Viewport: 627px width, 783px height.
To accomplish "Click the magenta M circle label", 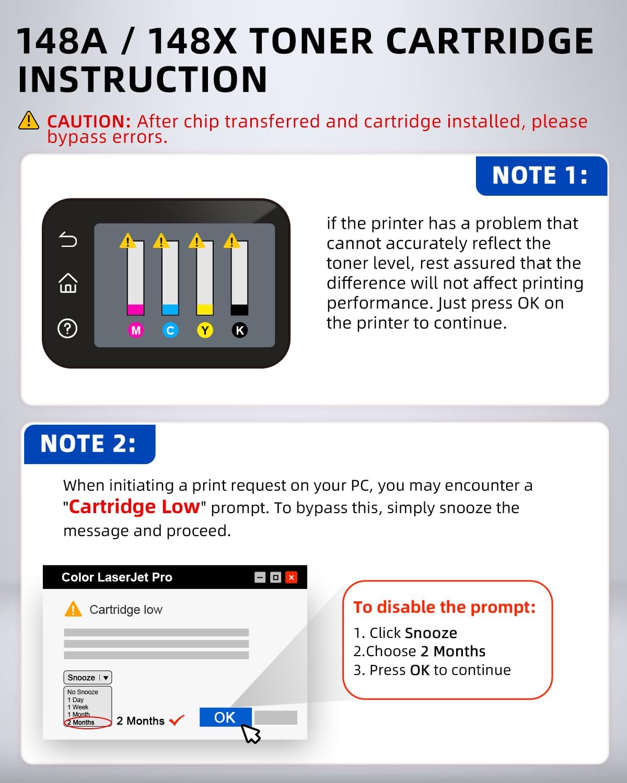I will (136, 330).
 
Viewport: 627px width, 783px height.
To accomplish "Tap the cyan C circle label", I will (170, 330).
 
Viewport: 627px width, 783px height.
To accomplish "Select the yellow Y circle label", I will (205, 330).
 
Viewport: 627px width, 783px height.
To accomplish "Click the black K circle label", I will (240, 330).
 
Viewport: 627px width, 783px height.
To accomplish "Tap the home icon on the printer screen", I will (68, 283).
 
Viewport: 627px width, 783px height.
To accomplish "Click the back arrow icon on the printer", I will (68, 240).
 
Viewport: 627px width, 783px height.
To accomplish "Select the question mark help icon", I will (67, 328).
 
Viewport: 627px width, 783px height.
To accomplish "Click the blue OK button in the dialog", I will (225, 717).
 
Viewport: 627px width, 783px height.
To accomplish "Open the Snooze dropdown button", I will (87, 677).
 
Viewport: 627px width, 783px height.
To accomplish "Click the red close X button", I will (292, 577).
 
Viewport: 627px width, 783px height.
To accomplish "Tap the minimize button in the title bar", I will (260, 577).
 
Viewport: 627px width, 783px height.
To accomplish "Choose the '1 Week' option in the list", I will (78, 707).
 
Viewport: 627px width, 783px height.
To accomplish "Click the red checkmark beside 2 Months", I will (177, 720).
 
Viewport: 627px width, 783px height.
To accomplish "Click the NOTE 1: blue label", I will (540, 175).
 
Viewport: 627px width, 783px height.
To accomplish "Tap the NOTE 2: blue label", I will (88, 444).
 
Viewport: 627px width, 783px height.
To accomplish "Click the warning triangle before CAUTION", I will (29, 121).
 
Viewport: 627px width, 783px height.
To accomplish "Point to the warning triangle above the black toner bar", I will (231, 241).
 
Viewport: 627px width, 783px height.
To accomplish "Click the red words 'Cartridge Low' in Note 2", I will (134, 507).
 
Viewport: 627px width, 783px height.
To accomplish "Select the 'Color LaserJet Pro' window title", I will (117, 577).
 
